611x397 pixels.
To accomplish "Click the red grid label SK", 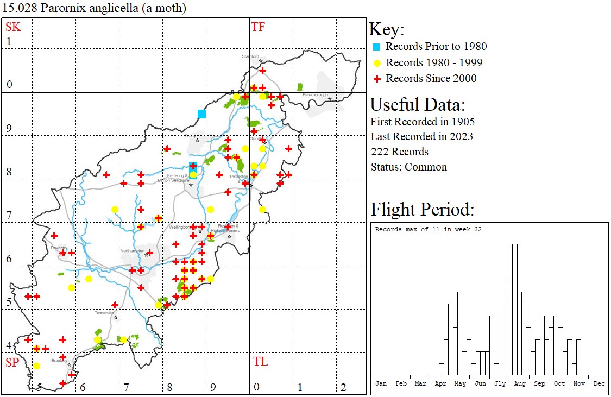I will coord(13,27).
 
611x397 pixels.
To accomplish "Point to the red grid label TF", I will coord(258,27).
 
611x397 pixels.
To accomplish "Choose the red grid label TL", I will coord(260,362).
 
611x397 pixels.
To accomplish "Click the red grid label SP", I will coord(12,362).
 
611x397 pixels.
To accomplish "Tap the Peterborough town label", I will coord(316,95).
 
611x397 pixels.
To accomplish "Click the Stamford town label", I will coord(251,56).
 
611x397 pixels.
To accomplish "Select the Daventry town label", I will coord(58,248).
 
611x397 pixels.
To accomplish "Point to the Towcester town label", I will coord(104,313).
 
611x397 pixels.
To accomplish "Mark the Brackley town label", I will coord(60,360).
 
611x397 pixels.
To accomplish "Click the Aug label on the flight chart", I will coord(520,383).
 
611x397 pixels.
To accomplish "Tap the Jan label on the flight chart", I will coord(381,383).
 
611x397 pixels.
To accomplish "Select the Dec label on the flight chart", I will coord(599,383).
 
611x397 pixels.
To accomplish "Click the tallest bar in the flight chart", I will coord(514,310).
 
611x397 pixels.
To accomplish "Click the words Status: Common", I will coord(409,167).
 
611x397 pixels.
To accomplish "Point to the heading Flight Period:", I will coord(423,209).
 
